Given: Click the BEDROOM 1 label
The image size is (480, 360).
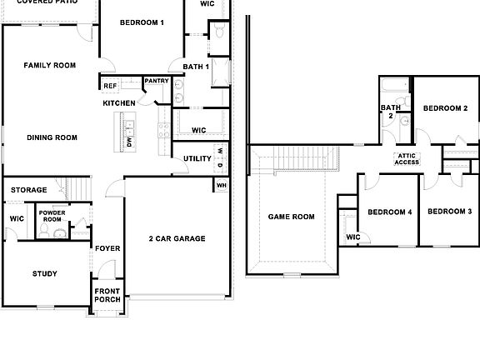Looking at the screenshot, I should pyautogui.click(x=142, y=22).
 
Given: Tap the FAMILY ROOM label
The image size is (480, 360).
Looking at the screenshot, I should pyautogui.click(x=49, y=65).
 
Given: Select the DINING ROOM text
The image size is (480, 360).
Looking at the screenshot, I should pyautogui.click(x=52, y=137).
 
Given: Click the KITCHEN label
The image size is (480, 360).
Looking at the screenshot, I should pyautogui.click(x=119, y=102).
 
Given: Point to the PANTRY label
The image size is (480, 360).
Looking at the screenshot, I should pyautogui.click(x=157, y=81).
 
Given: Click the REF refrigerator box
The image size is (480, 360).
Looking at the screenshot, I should pyautogui.click(x=110, y=85).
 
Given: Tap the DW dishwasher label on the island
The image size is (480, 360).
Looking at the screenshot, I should pyautogui.click(x=129, y=142).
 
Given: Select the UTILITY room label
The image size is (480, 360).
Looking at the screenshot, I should pyautogui.click(x=197, y=158).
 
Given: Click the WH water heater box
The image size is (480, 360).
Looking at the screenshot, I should pyautogui.click(x=221, y=185).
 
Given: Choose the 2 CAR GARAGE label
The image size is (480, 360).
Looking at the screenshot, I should pyautogui.click(x=177, y=238).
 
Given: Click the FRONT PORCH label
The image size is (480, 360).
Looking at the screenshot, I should pyautogui.click(x=107, y=297).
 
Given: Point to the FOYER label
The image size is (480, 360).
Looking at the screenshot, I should pyautogui.click(x=107, y=248).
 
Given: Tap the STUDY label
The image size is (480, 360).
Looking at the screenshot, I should pyautogui.click(x=44, y=273).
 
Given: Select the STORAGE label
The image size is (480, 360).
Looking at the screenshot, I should pyautogui.click(x=29, y=190).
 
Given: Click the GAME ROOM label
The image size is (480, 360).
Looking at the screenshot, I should pyautogui.click(x=291, y=217).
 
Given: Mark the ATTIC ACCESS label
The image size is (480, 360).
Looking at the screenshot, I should pyautogui.click(x=407, y=158).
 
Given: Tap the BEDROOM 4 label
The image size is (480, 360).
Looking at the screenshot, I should pyautogui.click(x=390, y=212).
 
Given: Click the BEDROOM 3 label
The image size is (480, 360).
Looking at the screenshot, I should pyautogui.click(x=449, y=212).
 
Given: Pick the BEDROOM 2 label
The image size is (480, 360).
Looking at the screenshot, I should pyautogui.click(x=445, y=108).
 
